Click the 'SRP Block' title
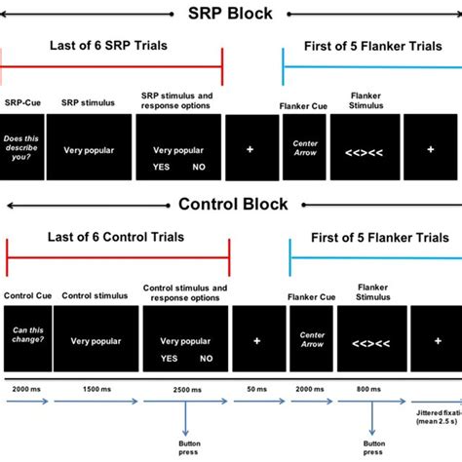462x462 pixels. pyautogui.click(x=230, y=14)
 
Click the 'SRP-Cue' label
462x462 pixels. pyautogui.click(x=21, y=102)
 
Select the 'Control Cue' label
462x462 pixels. pyautogui.click(x=25, y=294)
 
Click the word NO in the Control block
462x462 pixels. pyautogui.click(x=206, y=358)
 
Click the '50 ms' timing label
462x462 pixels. pyautogui.click(x=256, y=389)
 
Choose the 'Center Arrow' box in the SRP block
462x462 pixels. pyautogui.click(x=305, y=147)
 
